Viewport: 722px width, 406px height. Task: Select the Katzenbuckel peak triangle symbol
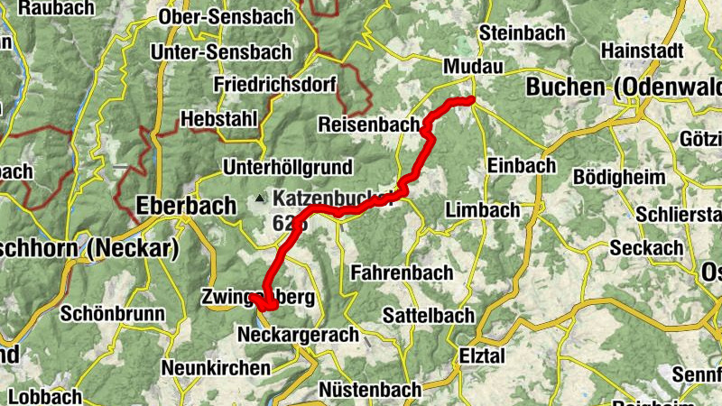(x=261, y=197)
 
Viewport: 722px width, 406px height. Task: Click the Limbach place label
(x=483, y=210)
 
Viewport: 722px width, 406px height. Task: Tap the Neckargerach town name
(x=298, y=335)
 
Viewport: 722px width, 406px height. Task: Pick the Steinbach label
(x=523, y=32)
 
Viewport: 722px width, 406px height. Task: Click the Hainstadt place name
(x=642, y=51)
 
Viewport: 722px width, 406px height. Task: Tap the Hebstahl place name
(x=219, y=118)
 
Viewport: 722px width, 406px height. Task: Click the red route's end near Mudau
(x=471, y=99)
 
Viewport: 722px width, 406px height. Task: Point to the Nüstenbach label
(x=370, y=390)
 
